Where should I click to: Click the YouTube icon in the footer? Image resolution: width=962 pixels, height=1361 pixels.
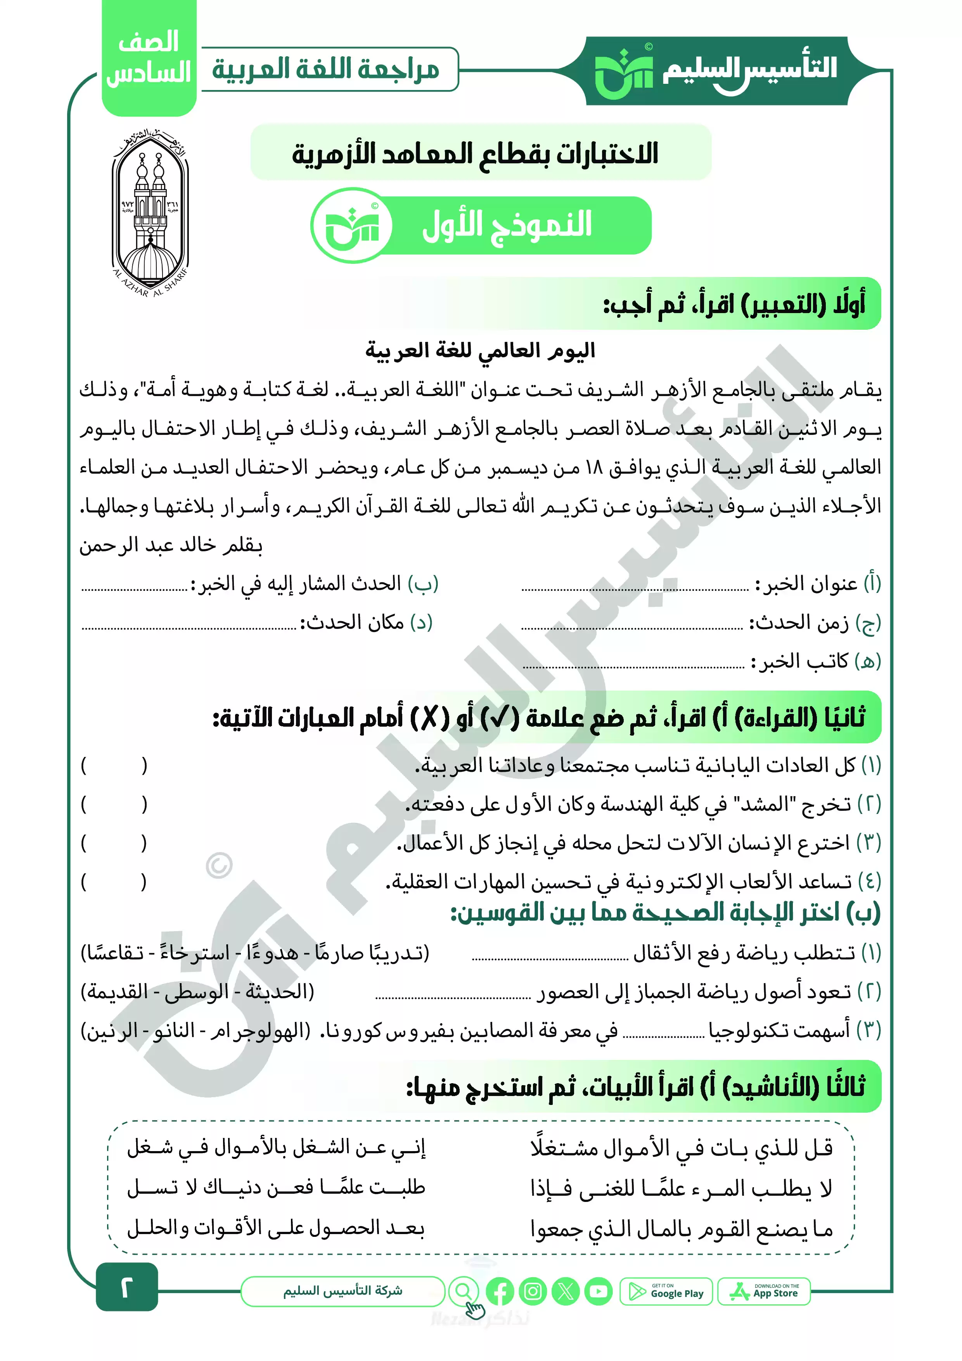pos(599,1292)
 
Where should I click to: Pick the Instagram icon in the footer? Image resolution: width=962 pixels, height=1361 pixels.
pos(533,1292)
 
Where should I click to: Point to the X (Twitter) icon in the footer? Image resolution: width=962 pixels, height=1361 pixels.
pos(566,1292)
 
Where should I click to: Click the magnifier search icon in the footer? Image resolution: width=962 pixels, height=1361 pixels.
pos(464,1291)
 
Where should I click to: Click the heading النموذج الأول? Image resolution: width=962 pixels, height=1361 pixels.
pos(506,225)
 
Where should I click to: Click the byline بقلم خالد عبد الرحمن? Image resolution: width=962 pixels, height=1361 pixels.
pos(171,545)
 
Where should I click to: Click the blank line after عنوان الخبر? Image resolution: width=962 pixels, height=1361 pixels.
pos(634,589)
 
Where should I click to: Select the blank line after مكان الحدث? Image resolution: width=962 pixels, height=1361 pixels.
pos(189,627)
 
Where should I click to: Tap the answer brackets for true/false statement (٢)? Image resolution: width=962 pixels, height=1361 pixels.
pos(114,804)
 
